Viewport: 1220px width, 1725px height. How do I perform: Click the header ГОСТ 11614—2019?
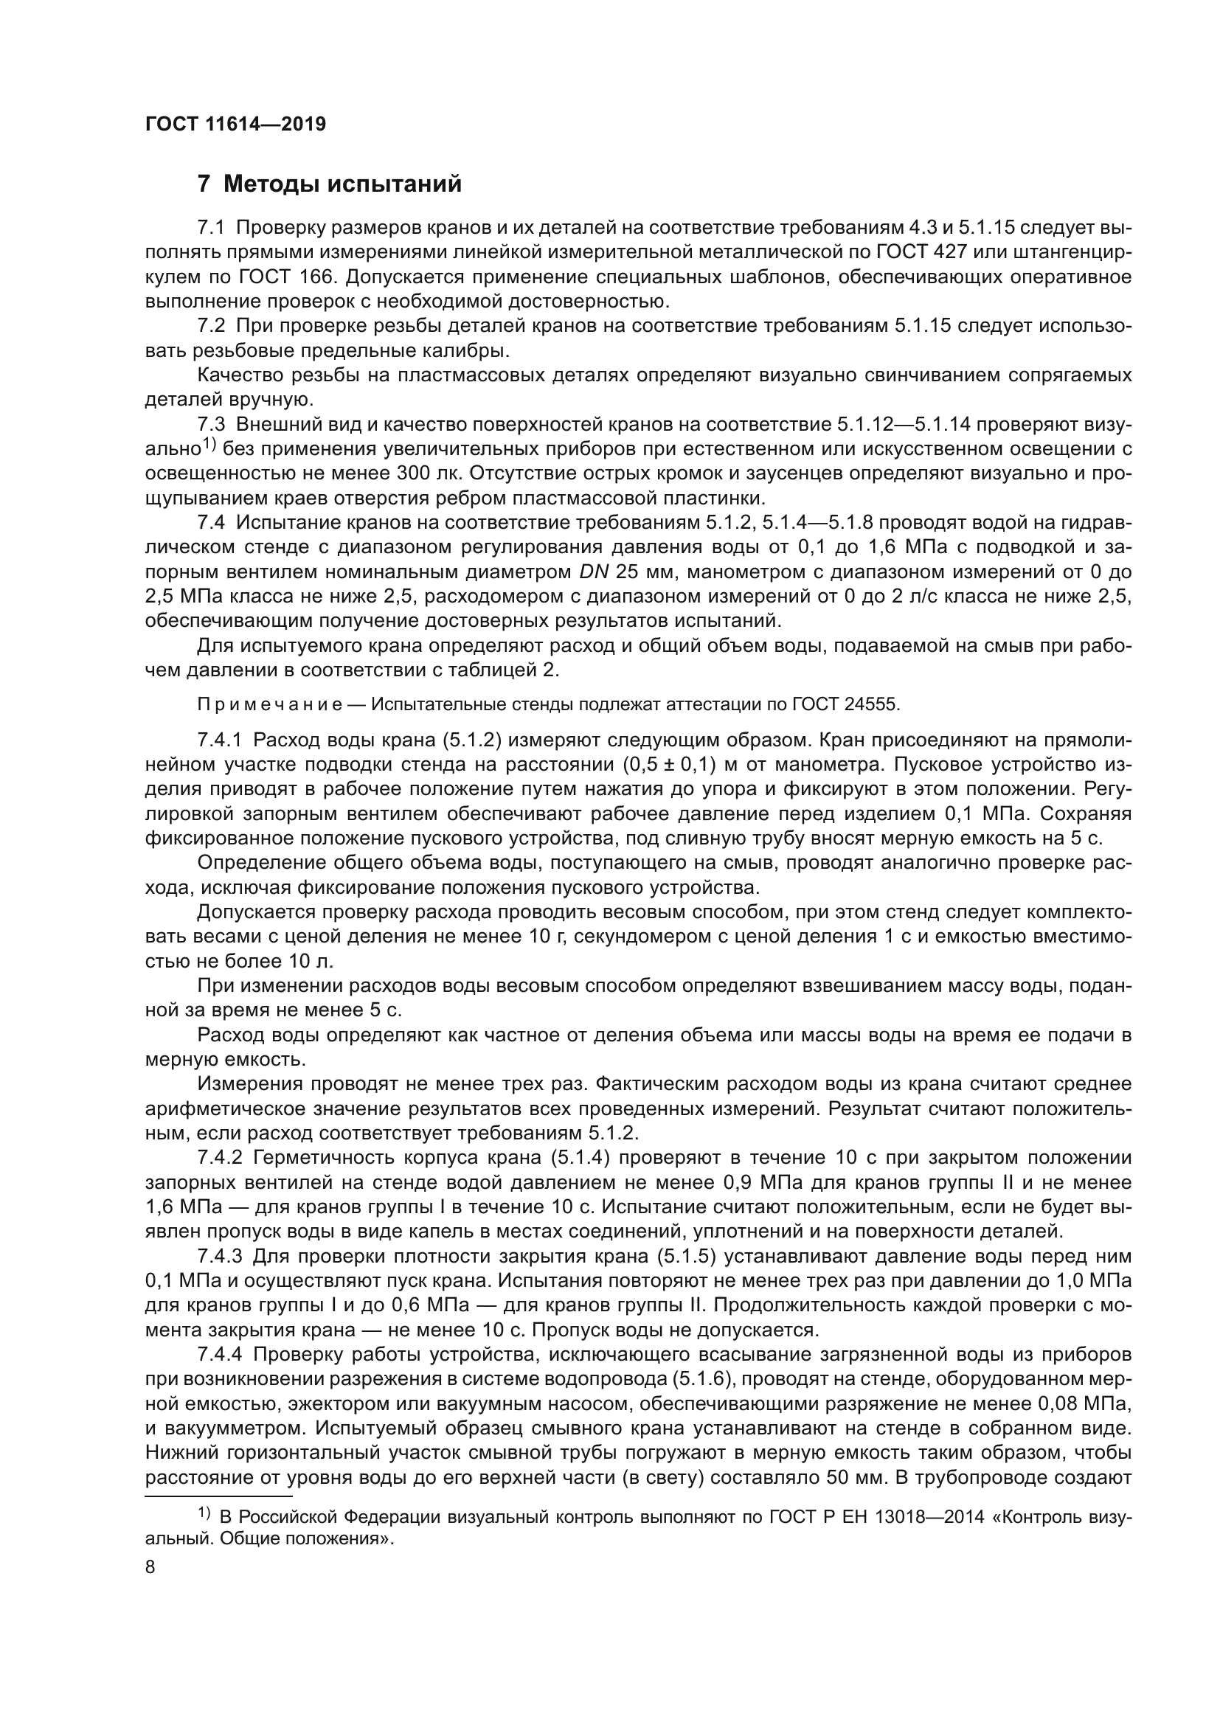235,125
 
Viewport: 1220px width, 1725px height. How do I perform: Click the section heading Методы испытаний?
342,184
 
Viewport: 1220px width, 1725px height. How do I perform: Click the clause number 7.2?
211,326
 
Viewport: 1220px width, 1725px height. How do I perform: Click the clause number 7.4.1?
219,740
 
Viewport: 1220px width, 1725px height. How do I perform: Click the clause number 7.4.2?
219,1158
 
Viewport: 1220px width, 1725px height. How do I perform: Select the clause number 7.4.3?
219,1256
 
